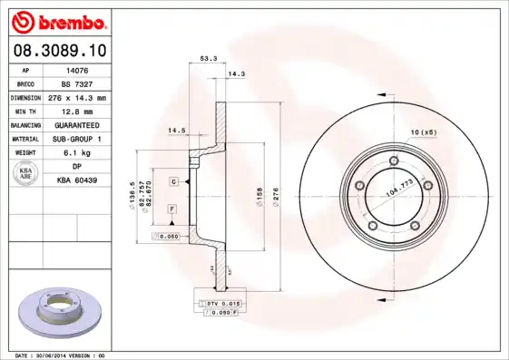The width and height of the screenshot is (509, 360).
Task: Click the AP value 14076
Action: click(x=77, y=69)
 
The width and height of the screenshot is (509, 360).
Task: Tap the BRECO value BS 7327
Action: click(x=77, y=83)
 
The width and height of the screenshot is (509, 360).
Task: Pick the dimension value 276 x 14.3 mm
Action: click(x=77, y=97)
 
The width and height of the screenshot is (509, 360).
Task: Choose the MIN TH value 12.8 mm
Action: click(x=77, y=111)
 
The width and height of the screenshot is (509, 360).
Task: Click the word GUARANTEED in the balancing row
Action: click(x=77, y=124)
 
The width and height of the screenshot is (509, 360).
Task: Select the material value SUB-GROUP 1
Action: click(x=77, y=139)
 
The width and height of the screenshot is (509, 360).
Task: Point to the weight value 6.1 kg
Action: click(x=77, y=152)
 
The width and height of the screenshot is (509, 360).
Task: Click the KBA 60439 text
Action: click(x=77, y=180)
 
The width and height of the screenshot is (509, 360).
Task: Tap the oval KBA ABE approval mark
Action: click(x=25, y=173)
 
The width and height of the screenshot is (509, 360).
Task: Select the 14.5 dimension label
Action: click(x=176, y=131)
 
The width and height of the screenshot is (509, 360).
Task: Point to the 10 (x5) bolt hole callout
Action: click(x=423, y=132)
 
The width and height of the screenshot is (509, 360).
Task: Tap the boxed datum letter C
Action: click(x=172, y=182)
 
